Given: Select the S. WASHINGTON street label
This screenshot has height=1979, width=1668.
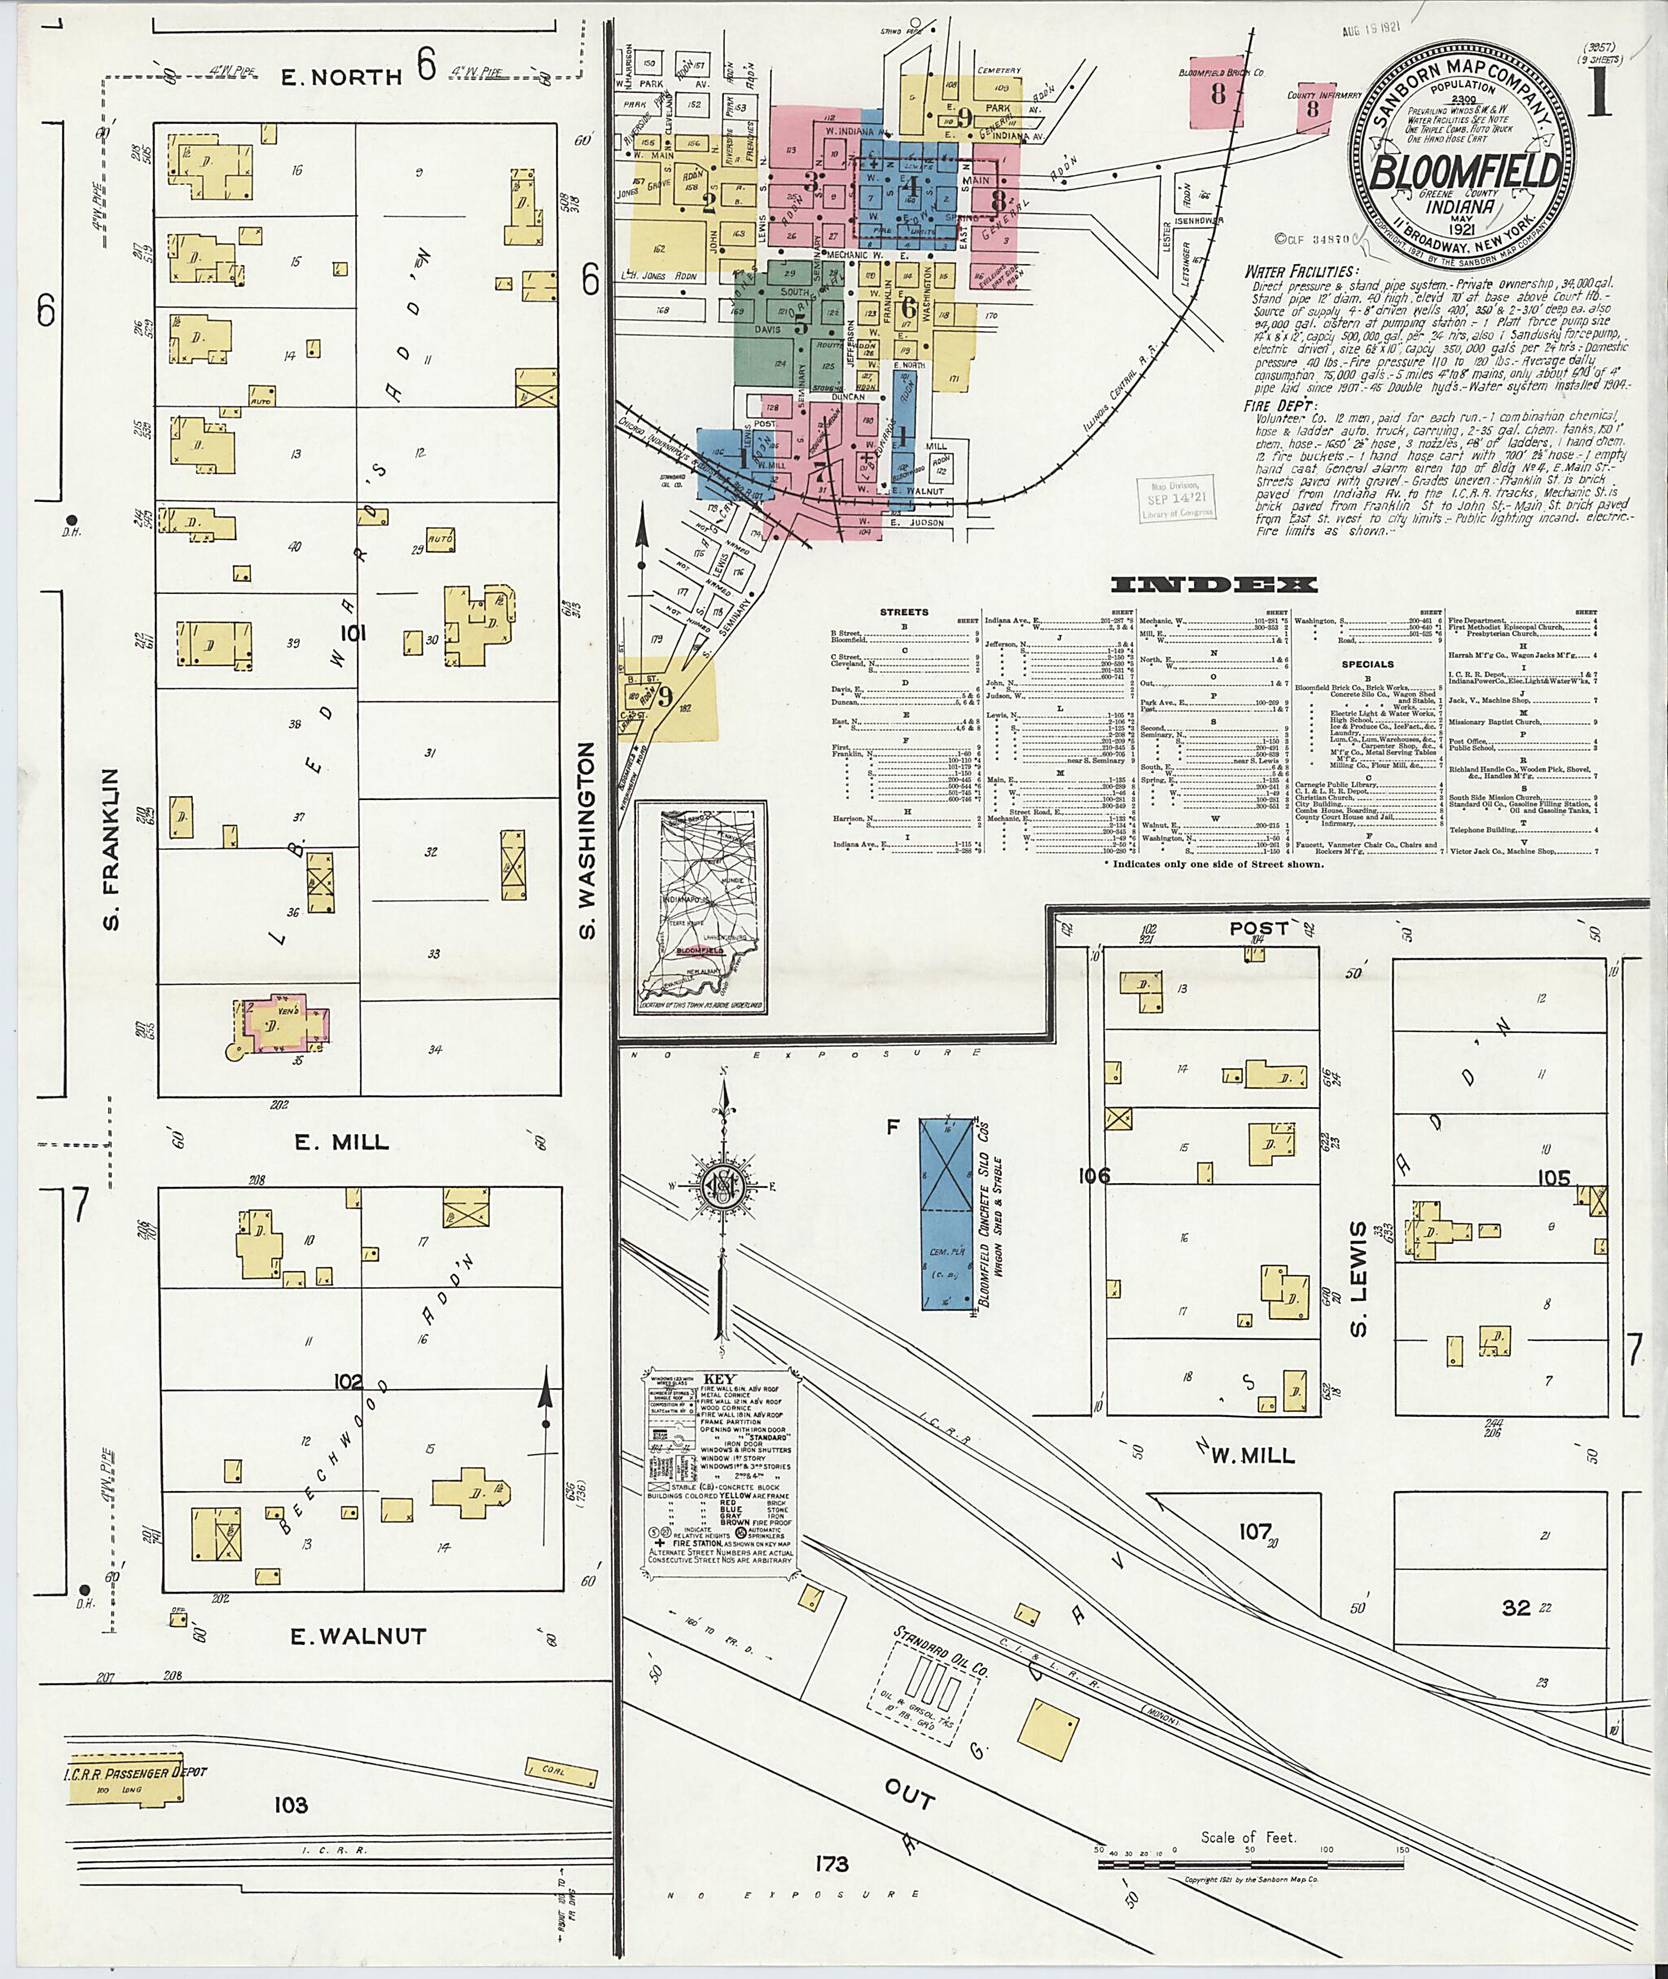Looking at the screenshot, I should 588,841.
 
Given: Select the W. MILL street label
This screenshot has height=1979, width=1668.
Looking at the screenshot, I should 1252,1456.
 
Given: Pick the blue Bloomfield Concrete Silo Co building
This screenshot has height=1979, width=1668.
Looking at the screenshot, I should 947,1214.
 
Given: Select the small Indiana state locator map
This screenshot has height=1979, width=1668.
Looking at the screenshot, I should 700,906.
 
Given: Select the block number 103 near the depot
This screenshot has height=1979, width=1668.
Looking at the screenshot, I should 292,1805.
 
